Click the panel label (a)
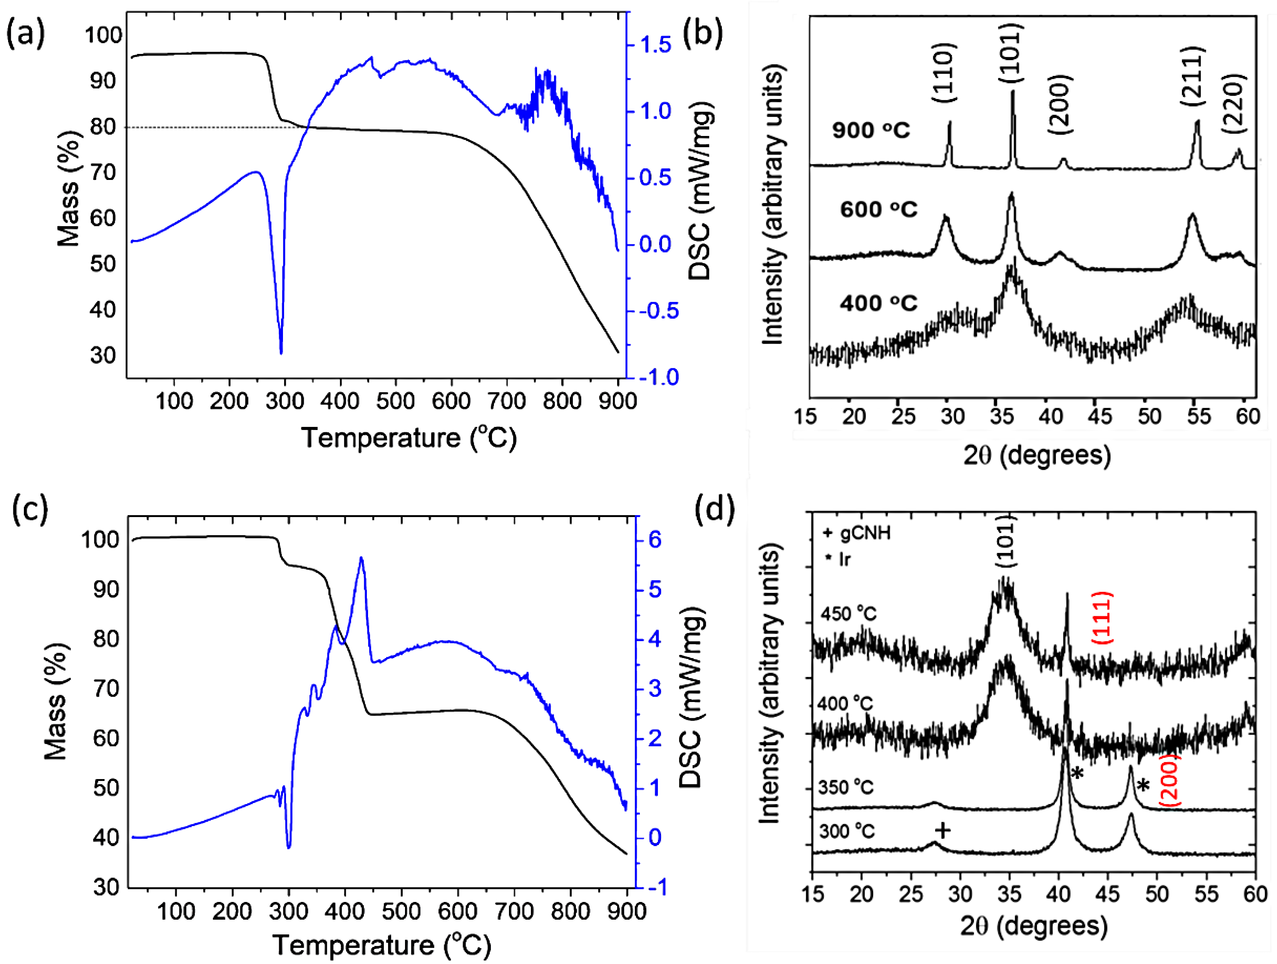coord(25,36)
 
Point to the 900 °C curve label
coord(871,131)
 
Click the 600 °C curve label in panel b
coord(879,209)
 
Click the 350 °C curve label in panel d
coord(846,787)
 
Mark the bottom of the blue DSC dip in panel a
coord(281,353)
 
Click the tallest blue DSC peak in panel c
coord(362,559)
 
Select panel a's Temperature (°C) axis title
coord(409,438)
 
